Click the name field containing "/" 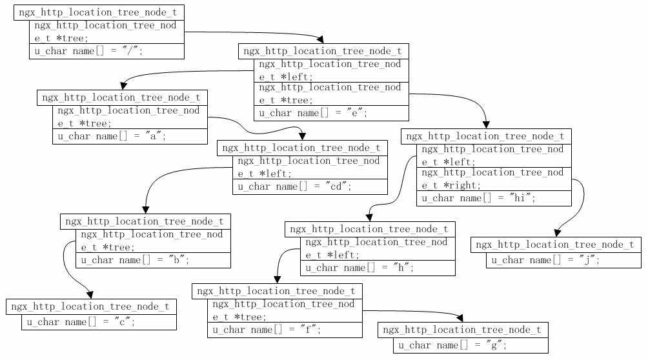coord(106,52)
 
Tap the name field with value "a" coord(130,137)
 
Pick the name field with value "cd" coord(310,187)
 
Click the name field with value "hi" coord(494,199)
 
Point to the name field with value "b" coord(153,261)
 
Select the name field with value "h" coord(378,268)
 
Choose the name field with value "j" coord(563,261)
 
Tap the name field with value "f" coord(285,330)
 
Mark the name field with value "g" coord(471,346)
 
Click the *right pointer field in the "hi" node coord(494,179)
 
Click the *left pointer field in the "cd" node coord(310,167)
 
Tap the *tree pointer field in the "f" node coord(285,310)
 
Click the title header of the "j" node coord(556,245)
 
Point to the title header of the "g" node coord(463,330)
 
